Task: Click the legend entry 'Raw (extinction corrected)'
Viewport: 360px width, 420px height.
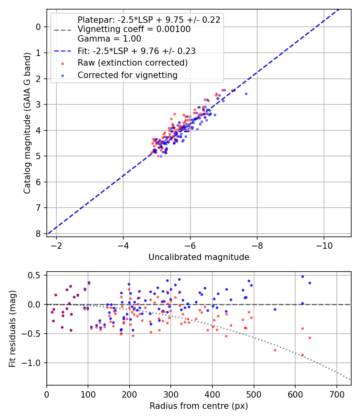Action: (x=132, y=63)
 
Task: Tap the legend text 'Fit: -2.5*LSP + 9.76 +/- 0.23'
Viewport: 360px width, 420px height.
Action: (x=136, y=51)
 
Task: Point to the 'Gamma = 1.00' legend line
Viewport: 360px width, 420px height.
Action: (x=109, y=39)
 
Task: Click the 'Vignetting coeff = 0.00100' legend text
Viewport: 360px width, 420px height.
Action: (x=134, y=29)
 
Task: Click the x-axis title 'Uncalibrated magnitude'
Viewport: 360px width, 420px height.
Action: (x=199, y=257)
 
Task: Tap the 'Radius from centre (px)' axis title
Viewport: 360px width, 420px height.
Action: (x=199, y=406)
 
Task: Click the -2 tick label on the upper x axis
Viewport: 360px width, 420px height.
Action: (x=56, y=245)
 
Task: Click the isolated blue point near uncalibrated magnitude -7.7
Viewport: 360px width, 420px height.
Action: (x=246, y=94)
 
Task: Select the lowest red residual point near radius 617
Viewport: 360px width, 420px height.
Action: (x=302, y=355)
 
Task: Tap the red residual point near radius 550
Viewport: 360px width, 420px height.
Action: (x=275, y=350)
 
